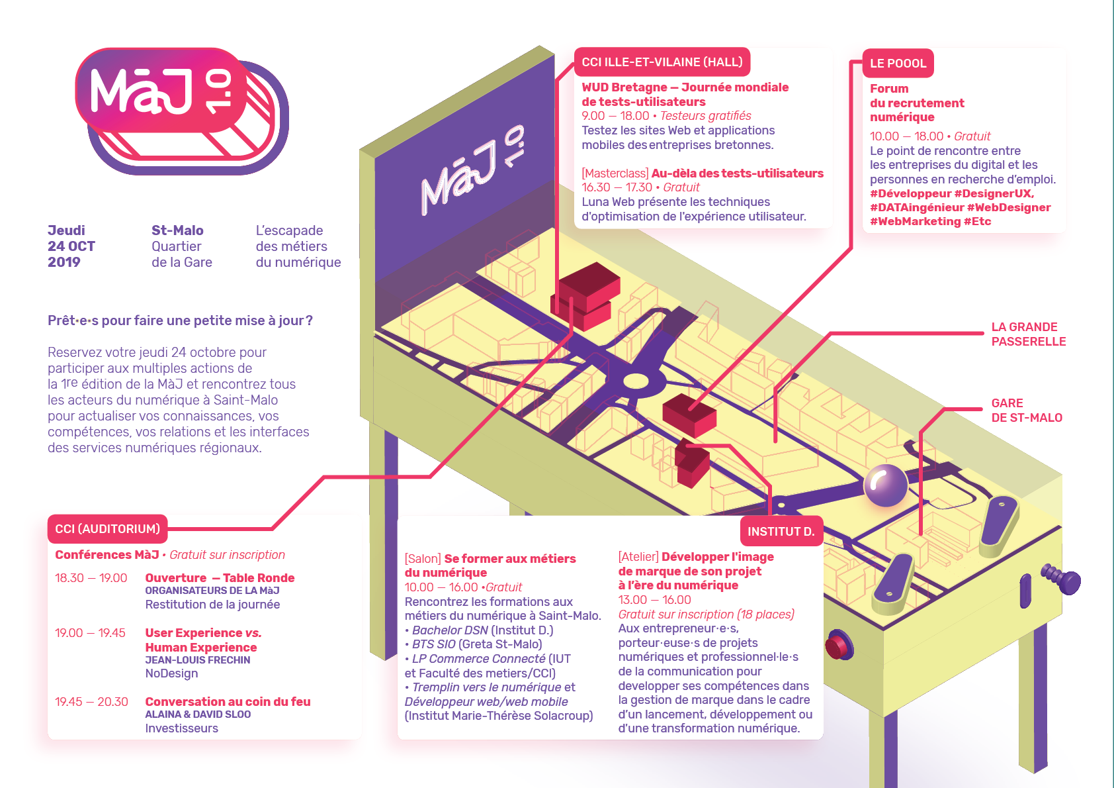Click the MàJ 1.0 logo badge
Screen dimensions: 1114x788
[x=181, y=111]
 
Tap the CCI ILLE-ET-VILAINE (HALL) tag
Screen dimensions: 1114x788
[x=662, y=62]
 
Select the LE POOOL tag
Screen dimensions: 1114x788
[x=898, y=63]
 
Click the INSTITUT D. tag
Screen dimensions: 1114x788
[x=781, y=531]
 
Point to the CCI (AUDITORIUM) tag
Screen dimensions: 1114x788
[x=107, y=528]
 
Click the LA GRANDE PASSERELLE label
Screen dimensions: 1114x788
[x=1029, y=334]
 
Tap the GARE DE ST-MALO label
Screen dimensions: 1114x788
[x=1027, y=410]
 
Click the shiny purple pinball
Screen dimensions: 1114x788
[x=885, y=485]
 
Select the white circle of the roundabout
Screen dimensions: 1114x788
[x=636, y=382]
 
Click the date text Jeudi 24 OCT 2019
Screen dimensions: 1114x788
[x=71, y=246]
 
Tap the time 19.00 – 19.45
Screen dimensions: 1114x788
[x=90, y=632]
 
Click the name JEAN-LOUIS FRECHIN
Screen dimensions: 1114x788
[x=197, y=660]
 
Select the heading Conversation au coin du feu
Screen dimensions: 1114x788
[x=228, y=701]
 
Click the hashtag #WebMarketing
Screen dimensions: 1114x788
[x=915, y=222]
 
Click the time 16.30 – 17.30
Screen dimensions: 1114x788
[x=617, y=187]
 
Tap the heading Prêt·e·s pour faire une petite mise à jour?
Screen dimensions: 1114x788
[x=180, y=320]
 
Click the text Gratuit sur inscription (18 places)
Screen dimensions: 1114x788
[x=707, y=615]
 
